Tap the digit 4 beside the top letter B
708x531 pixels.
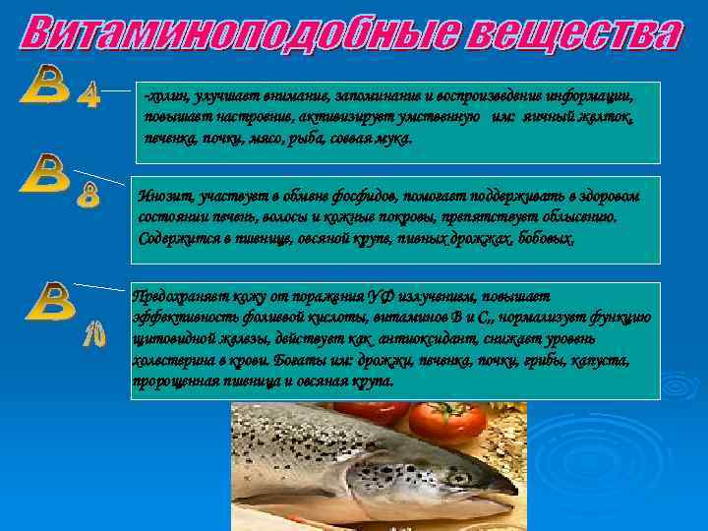[88, 95]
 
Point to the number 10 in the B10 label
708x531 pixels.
[93, 337]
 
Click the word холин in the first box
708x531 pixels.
[163, 98]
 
